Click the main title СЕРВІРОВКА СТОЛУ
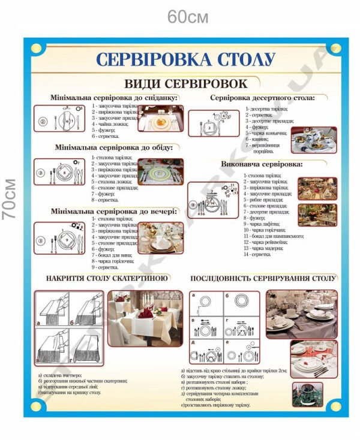pyautogui.click(x=185, y=59)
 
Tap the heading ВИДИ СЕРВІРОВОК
pyautogui.click(x=185, y=83)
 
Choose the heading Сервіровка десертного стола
pyautogui.click(x=262, y=97)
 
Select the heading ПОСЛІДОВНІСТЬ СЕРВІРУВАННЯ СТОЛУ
pyautogui.click(x=262, y=278)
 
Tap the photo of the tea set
pyautogui.click(x=313, y=138)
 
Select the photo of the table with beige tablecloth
pyautogui.click(x=146, y=318)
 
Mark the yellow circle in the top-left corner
pyautogui.click(x=36, y=48)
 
